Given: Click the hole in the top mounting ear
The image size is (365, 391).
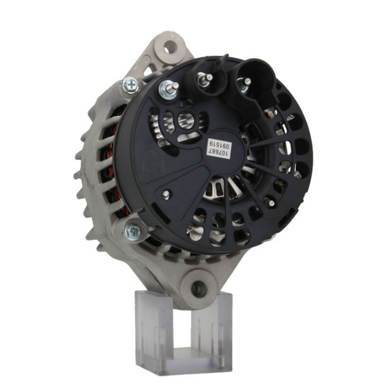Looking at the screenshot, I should click(170, 47).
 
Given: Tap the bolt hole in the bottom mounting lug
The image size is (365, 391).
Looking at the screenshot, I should click(198, 287).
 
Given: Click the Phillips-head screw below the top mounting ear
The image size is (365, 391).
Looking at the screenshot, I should click(130, 83).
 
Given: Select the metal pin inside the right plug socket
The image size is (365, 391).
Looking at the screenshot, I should click(247, 82).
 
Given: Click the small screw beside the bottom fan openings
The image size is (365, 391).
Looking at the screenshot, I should click(167, 194).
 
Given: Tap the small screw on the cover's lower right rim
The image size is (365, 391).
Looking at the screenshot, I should click(269, 202).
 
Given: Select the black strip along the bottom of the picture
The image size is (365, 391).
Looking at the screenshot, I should click(182, 385).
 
